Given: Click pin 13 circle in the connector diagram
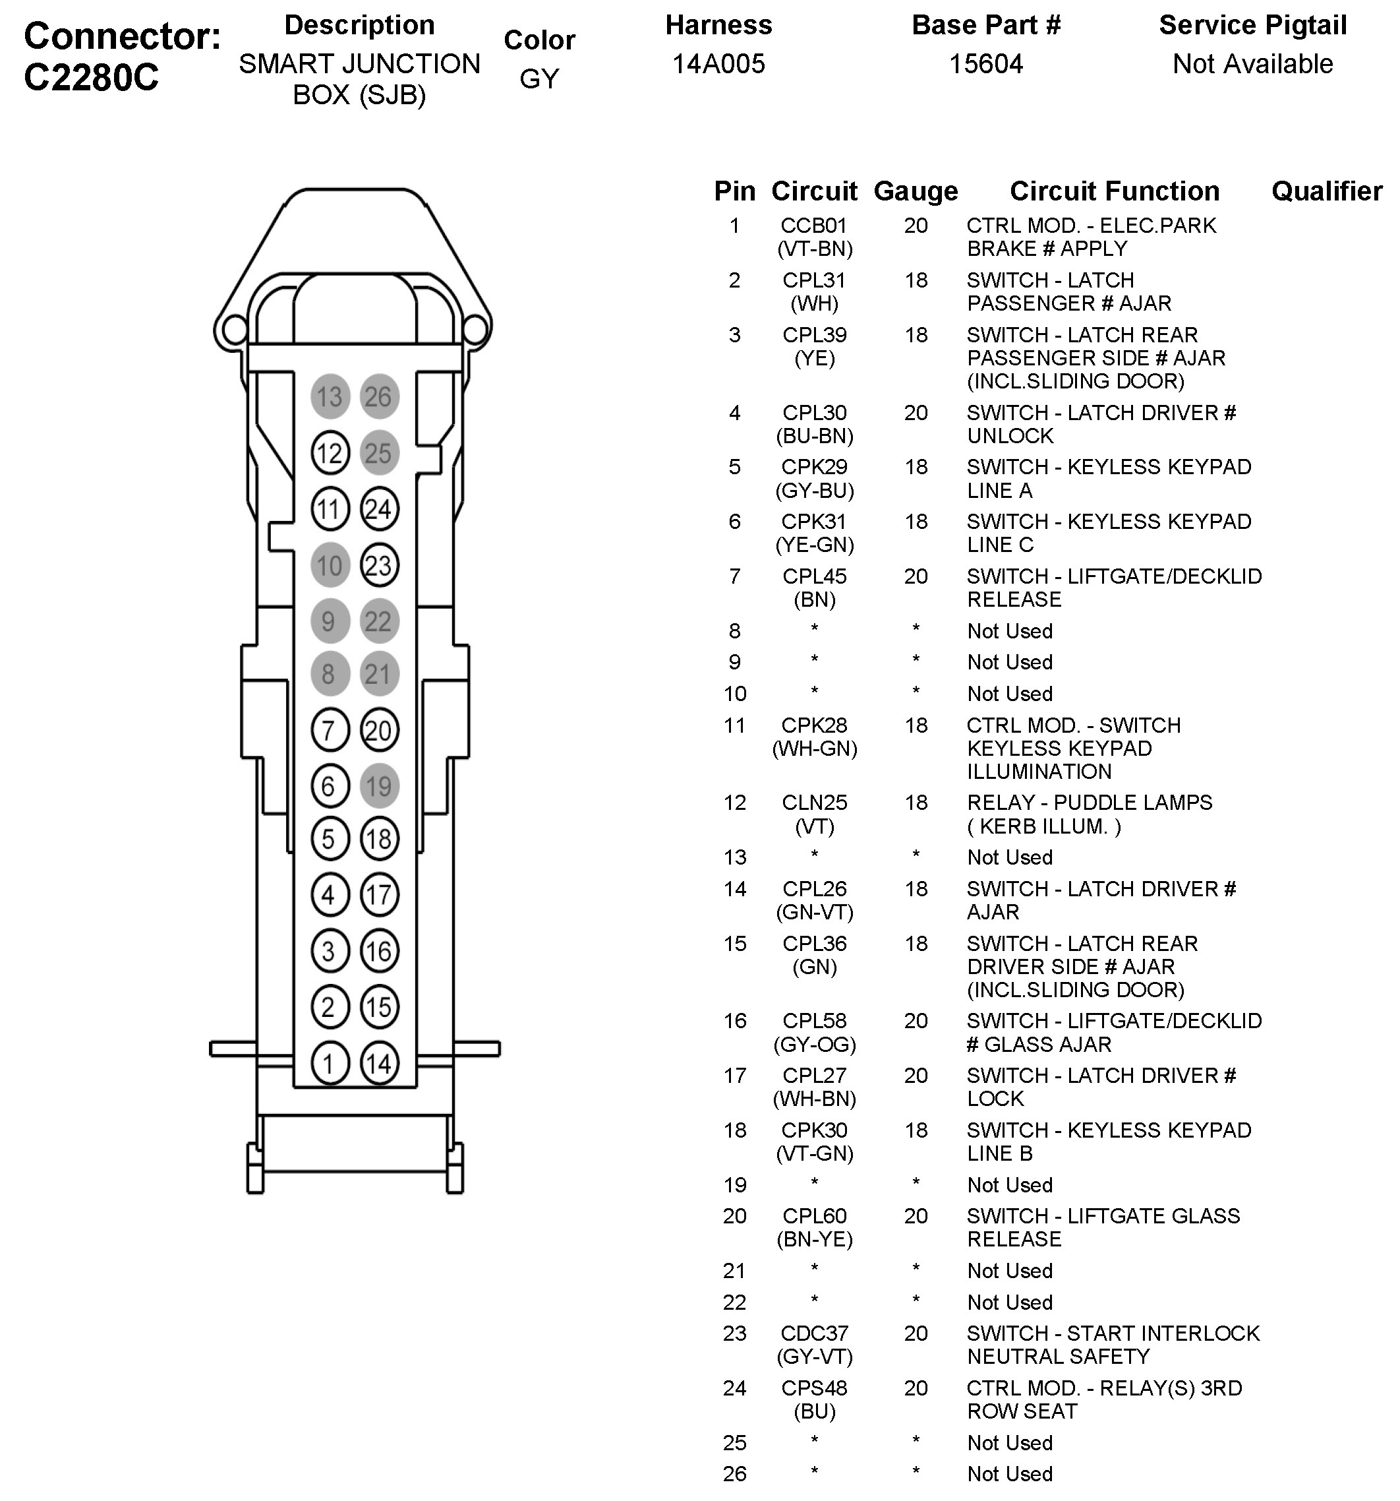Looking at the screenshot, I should point(330,396).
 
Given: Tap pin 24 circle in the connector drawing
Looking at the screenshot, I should point(378,509).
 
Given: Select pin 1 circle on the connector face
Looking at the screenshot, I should point(329,1063).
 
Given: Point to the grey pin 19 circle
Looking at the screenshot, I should point(378,786).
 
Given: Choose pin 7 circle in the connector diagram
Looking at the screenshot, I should point(329,730).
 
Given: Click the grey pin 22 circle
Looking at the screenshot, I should point(378,621).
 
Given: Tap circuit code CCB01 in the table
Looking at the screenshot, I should point(813,226).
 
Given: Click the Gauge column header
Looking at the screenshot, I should point(916,191).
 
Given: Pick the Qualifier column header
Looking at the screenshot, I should point(1327,191).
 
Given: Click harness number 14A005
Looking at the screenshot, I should point(718,64).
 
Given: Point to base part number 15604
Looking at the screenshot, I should point(985,64).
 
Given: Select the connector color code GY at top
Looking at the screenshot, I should point(539,78).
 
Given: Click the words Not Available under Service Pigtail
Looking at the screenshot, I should point(1253,64).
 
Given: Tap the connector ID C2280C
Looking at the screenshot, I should point(92,77).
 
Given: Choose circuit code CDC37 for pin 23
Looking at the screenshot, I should point(814,1333).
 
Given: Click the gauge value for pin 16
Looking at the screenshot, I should point(916,1021).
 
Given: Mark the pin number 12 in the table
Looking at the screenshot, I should point(734,803).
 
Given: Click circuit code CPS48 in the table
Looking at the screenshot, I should point(814,1388).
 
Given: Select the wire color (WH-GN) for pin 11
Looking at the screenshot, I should point(814,749).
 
